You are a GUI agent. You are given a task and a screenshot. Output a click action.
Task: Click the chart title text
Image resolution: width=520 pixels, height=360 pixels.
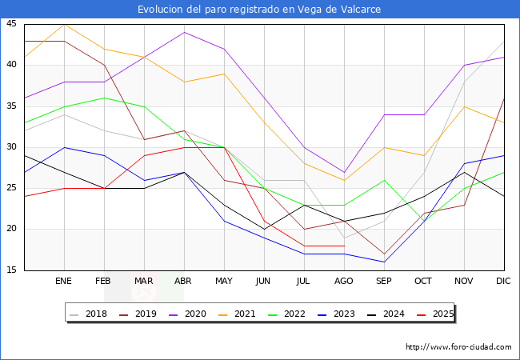point(259,10)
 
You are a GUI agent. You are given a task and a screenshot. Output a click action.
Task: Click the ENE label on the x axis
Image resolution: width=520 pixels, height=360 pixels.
point(63,282)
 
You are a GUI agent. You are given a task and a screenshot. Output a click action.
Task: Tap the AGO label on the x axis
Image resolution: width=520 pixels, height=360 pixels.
point(343,282)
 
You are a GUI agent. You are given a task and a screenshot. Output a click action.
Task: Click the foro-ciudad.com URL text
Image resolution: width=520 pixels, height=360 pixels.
point(458,347)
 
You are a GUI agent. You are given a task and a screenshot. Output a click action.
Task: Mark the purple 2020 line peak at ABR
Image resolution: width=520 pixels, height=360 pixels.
point(184,32)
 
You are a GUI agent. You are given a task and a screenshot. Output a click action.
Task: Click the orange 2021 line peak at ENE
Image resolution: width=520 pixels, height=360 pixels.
point(64,24)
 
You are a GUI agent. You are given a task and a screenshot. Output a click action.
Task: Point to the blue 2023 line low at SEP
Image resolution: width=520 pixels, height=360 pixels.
point(384,262)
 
